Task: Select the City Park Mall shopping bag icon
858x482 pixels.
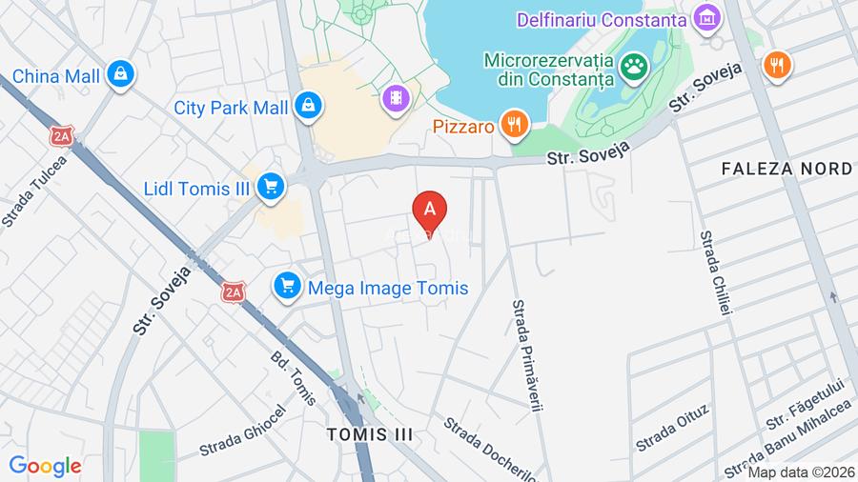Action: [307, 107]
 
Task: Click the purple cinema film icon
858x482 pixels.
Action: [395, 96]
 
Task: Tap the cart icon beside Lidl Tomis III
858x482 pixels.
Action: [271, 188]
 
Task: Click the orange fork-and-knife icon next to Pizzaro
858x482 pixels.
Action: [516, 124]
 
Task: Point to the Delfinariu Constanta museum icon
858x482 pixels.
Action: [707, 18]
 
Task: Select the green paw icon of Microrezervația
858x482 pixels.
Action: [633, 67]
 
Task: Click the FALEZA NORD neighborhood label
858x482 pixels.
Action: [786, 169]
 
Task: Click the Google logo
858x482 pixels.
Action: [45, 466]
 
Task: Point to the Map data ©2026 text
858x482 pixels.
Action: [801, 472]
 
